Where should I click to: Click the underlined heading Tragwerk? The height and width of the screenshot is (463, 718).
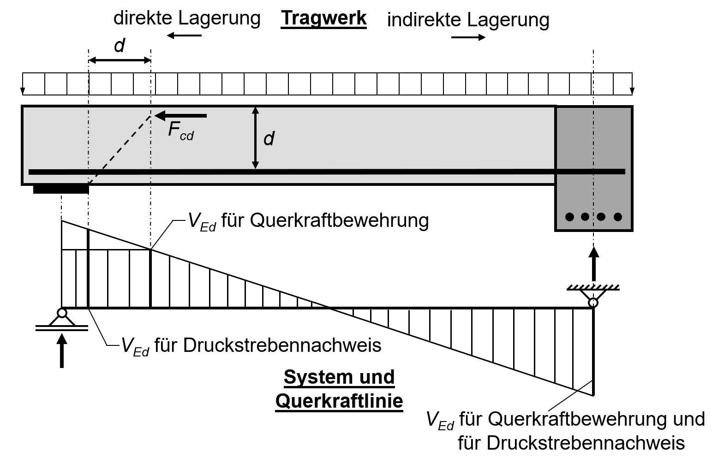tap(323, 19)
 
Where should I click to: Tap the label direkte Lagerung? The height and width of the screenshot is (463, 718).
tap(187, 18)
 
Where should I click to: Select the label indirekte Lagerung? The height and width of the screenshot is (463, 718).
tap(468, 20)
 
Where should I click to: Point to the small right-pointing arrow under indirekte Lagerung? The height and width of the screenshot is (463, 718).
tap(468, 37)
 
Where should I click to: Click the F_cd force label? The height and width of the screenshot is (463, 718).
tap(180, 130)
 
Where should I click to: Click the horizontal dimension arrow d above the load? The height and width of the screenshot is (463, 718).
tap(120, 60)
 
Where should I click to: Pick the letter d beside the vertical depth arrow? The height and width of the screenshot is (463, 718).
tap(269, 138)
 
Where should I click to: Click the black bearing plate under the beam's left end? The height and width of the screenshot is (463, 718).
tap(60, 189)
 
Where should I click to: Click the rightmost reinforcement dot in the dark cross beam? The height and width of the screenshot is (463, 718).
tap(617, 216)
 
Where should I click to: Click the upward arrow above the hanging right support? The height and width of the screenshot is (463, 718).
tap(593, 264)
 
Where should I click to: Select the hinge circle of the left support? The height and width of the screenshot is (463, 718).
tap(62, 313)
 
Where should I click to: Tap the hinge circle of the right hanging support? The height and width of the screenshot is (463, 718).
tap(593, 303)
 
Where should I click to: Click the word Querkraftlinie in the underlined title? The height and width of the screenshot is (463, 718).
tap(339, 401)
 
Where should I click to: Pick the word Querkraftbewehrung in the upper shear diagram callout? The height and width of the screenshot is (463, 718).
tap(339, 220)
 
